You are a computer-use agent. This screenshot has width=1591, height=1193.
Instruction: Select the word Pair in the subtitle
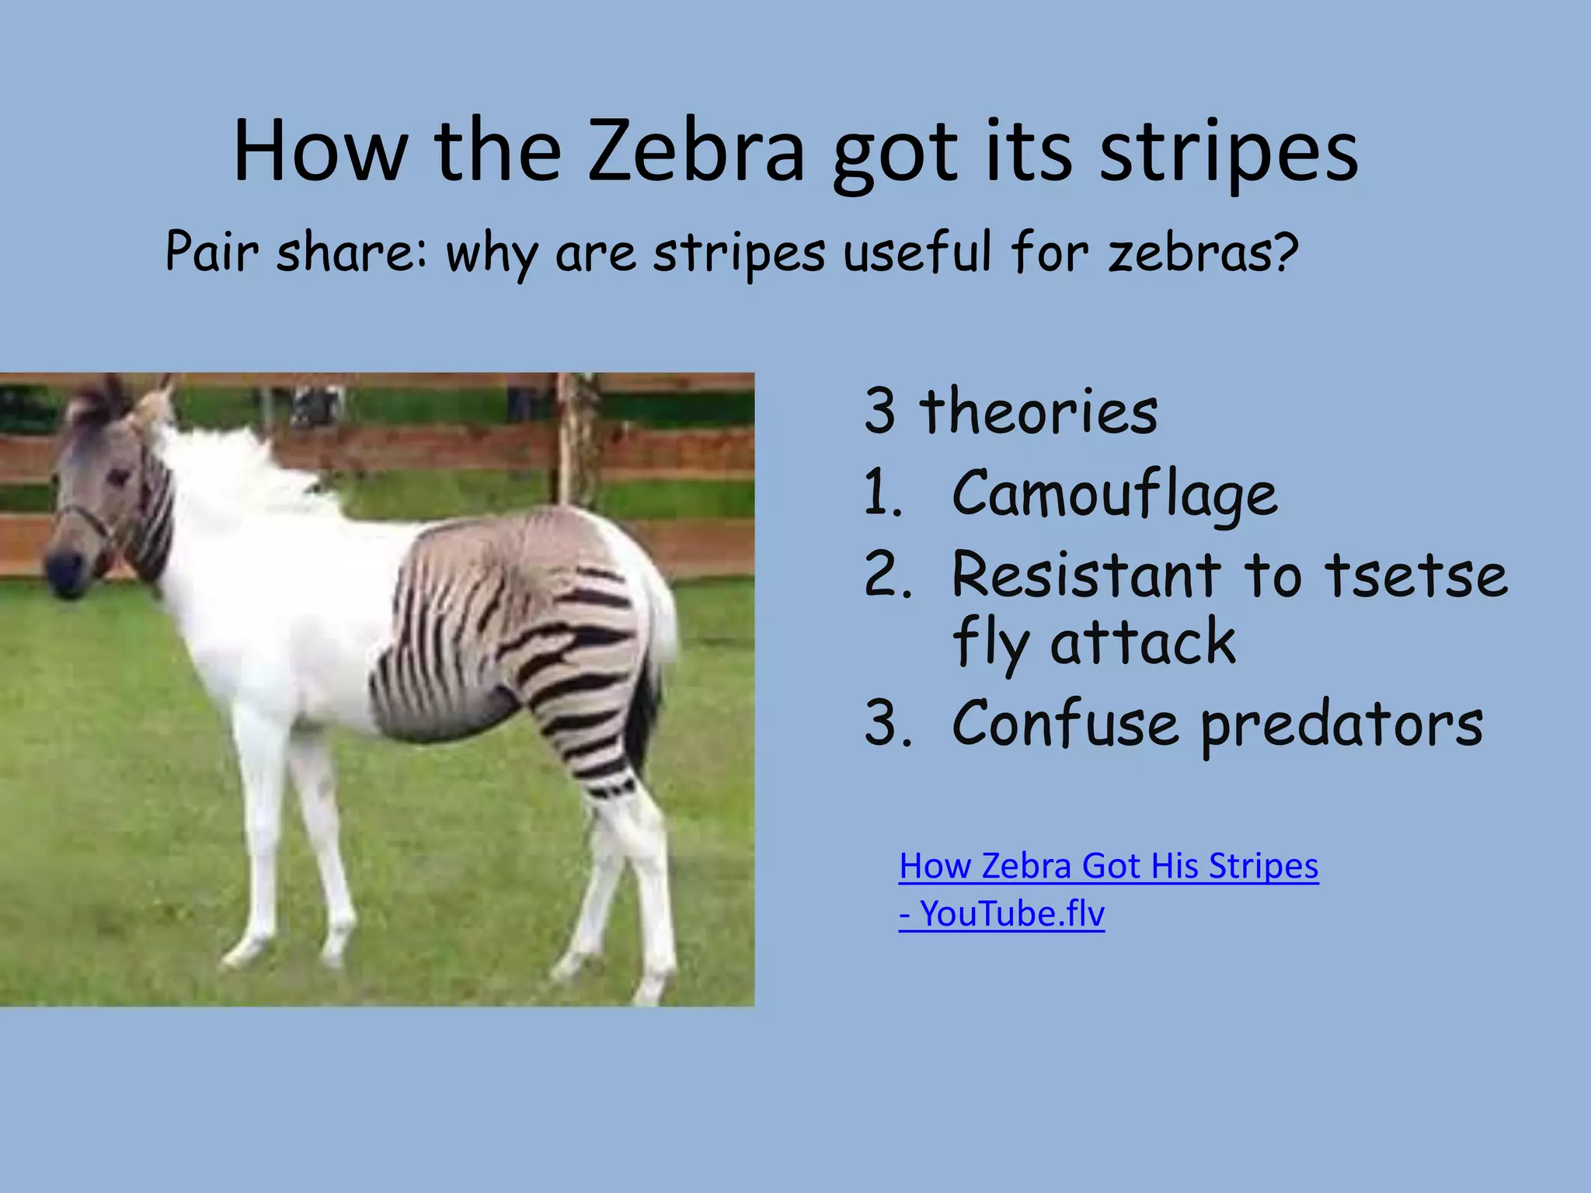pos(211,252)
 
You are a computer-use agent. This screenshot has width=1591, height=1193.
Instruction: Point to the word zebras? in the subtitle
pos(1203,252)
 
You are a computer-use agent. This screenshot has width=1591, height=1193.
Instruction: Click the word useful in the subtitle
pos(917,252)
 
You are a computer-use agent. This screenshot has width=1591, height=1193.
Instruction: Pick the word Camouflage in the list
pos(1115,495)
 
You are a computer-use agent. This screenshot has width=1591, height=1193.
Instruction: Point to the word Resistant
pos(1087,575)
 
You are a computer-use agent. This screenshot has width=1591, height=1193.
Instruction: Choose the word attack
pos(1143,642)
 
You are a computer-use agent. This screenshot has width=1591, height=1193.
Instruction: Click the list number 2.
pos(886,575)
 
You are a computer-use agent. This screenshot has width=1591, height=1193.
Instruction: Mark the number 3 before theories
pos(880,412)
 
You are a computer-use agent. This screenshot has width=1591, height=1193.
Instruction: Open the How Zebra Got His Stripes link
pos(1109,866)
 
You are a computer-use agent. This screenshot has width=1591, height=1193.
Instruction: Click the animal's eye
pos(118,476)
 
